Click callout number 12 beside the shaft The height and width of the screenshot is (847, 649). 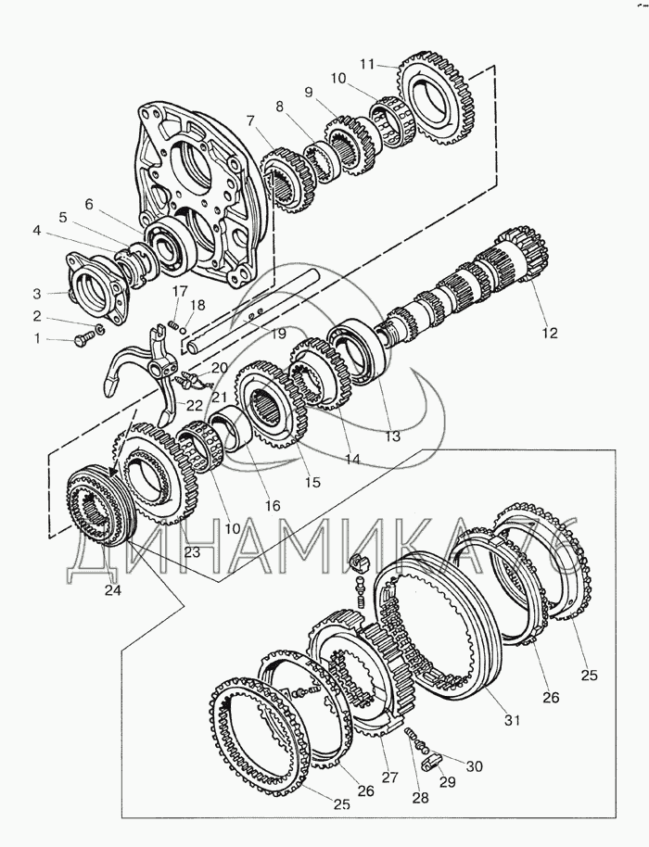coord(549,333)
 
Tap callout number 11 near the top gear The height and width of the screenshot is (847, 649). coord(367,64)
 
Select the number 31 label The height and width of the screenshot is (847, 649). coord(512,719)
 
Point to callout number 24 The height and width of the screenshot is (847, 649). coord(113,590)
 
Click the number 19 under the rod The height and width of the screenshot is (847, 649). coord(278,334)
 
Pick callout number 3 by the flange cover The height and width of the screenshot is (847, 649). coord(37,294)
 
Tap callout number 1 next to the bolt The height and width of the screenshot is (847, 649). coord(37,338)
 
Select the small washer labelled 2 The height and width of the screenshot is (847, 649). coord(99,328)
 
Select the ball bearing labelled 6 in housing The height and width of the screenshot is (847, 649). coord(168,246)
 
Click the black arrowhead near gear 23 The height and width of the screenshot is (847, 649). coord(114,470)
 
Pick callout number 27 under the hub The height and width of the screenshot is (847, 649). coord(389,777)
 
